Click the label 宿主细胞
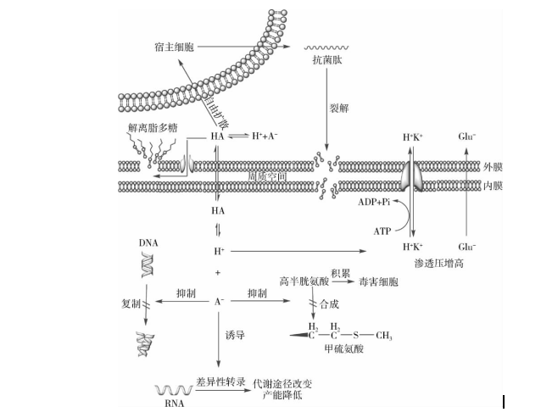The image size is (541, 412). coord(174,45)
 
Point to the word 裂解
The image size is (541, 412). coord(339,109)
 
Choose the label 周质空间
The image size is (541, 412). coord(266,175)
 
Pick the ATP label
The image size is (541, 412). coord(382,231)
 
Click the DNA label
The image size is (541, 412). coord(148,242)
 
